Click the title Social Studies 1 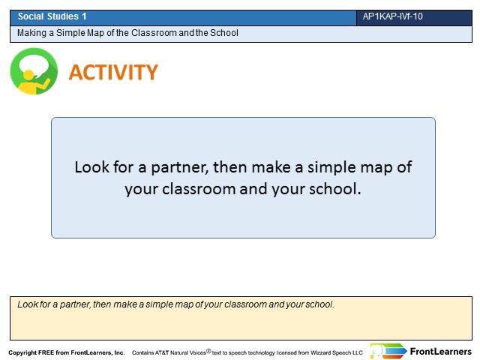(52, 16)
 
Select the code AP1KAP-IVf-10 (393, 16)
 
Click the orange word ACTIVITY (113, 72)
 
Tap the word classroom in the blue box (199, 189)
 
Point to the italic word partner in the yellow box (75, 304)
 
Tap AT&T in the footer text (162, 352)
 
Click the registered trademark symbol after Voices (208, 351)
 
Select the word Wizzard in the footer (320, 352)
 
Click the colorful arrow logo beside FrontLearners (388, 351)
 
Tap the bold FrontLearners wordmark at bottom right (441, 352)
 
